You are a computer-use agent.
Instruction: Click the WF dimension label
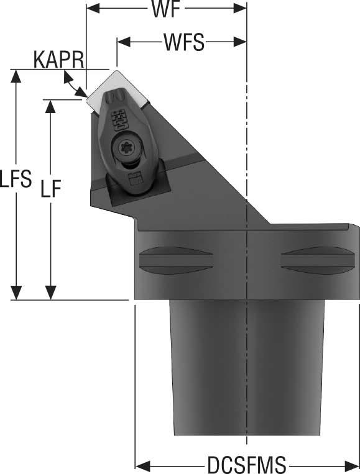pos(166,11)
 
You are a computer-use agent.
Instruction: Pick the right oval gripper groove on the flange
pos(310,260)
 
